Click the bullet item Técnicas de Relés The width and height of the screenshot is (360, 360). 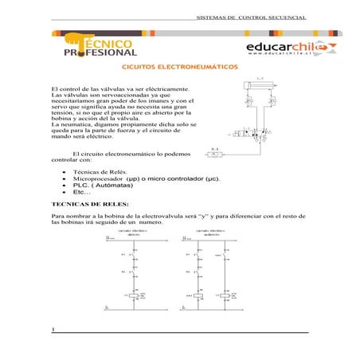coord(94,171)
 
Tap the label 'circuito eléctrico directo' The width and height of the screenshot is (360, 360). coord(134,233)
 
